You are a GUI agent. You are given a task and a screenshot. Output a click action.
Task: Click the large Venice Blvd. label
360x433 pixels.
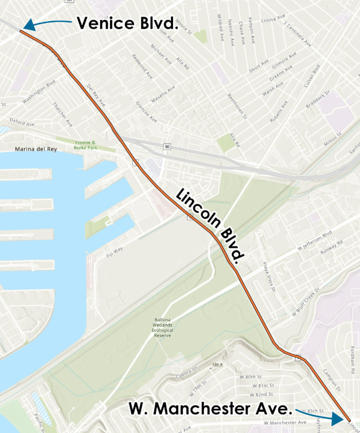pyautogui.click(x=126, y=24)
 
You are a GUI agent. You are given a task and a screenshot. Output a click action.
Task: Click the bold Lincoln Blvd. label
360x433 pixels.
pyautogui.click(x=210, y=227)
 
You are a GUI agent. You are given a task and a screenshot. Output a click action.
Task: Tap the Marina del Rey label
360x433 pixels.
pyautogui.click(x=36, y=149)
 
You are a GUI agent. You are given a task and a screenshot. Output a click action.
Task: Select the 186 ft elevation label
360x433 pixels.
pyautogui.click(x=218, y=365)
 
